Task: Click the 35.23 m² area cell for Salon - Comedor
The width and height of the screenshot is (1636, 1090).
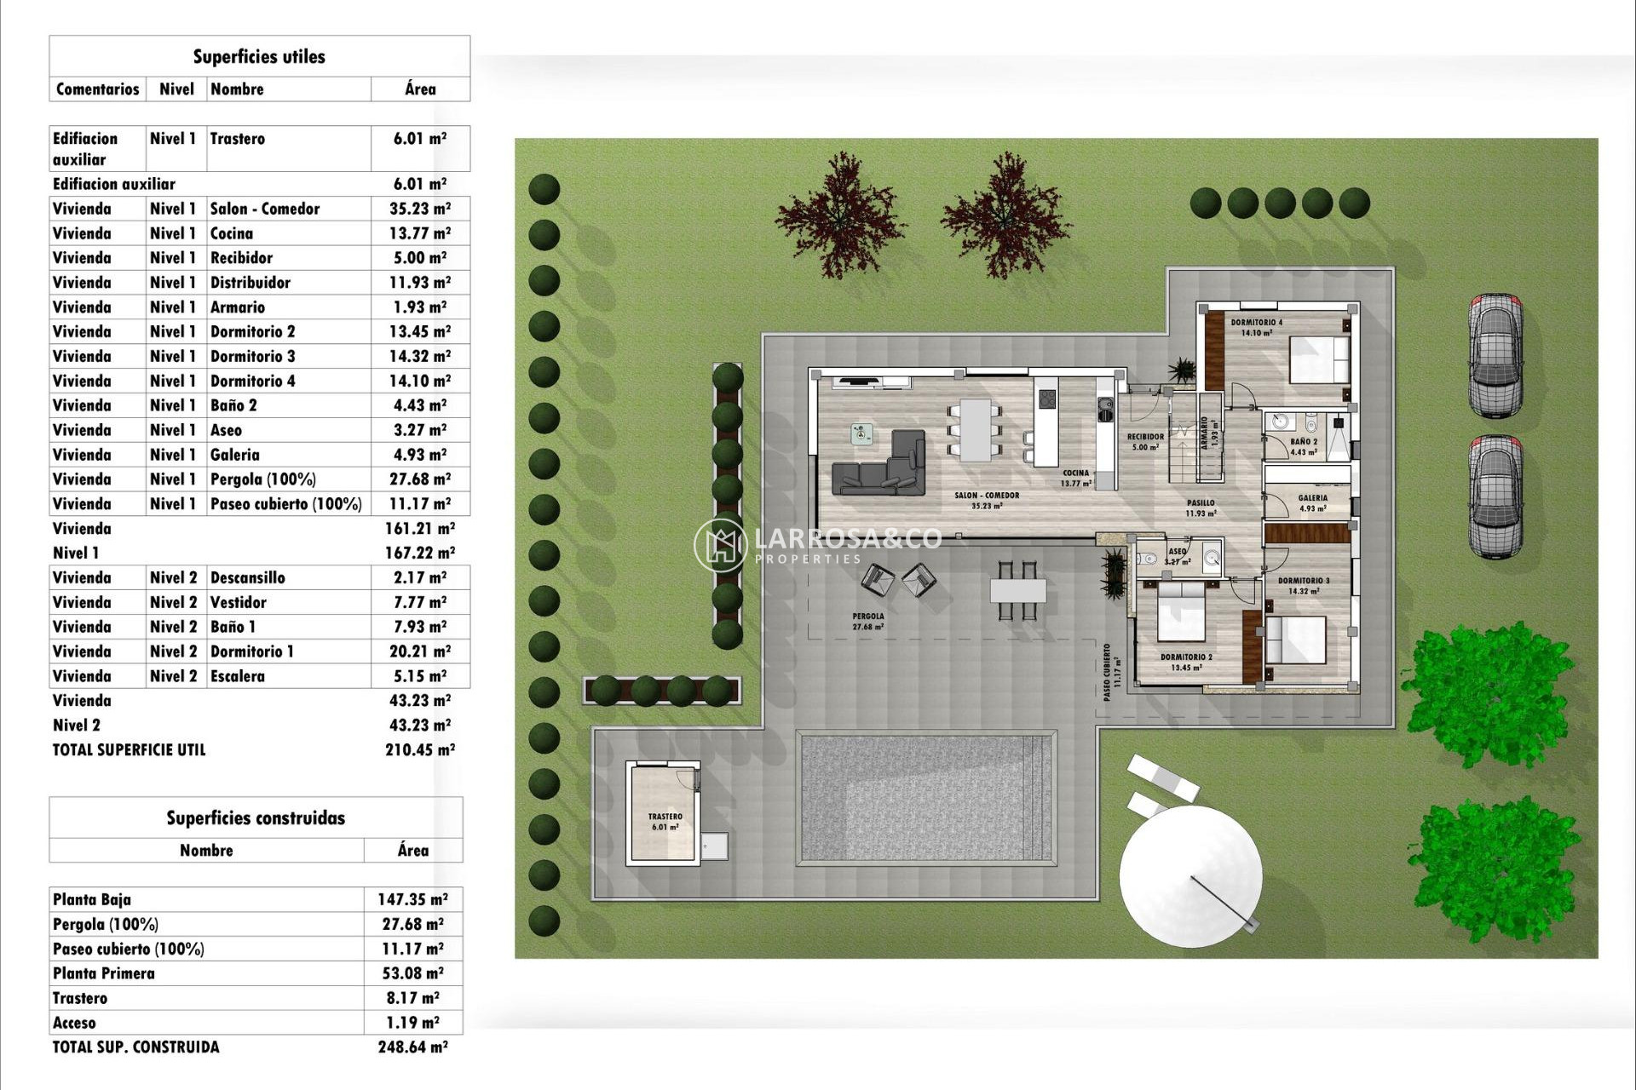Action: (420, 209)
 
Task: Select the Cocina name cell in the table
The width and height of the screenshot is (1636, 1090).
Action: (232, 233)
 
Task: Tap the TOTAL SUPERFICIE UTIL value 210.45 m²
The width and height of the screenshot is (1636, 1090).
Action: (420, 750)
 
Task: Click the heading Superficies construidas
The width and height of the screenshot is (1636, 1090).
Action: (256, 818)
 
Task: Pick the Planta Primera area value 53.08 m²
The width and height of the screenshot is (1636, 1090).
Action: (412, 973)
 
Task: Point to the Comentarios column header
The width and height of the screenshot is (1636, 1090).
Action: (97, 89)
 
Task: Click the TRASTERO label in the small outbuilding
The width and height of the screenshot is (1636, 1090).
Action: (665, 817)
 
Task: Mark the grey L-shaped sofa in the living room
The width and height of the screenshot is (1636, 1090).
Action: (881, 468)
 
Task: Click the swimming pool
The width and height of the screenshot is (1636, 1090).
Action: (926, 798)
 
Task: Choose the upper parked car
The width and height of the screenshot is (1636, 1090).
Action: (1495, 355)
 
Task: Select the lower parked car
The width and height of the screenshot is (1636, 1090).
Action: (1495, 496)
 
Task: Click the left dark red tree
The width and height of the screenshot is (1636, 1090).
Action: (840, 215)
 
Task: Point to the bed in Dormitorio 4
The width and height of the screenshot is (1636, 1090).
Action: (1318, 360)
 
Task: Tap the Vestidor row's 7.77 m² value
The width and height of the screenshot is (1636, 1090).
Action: (420, 603)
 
